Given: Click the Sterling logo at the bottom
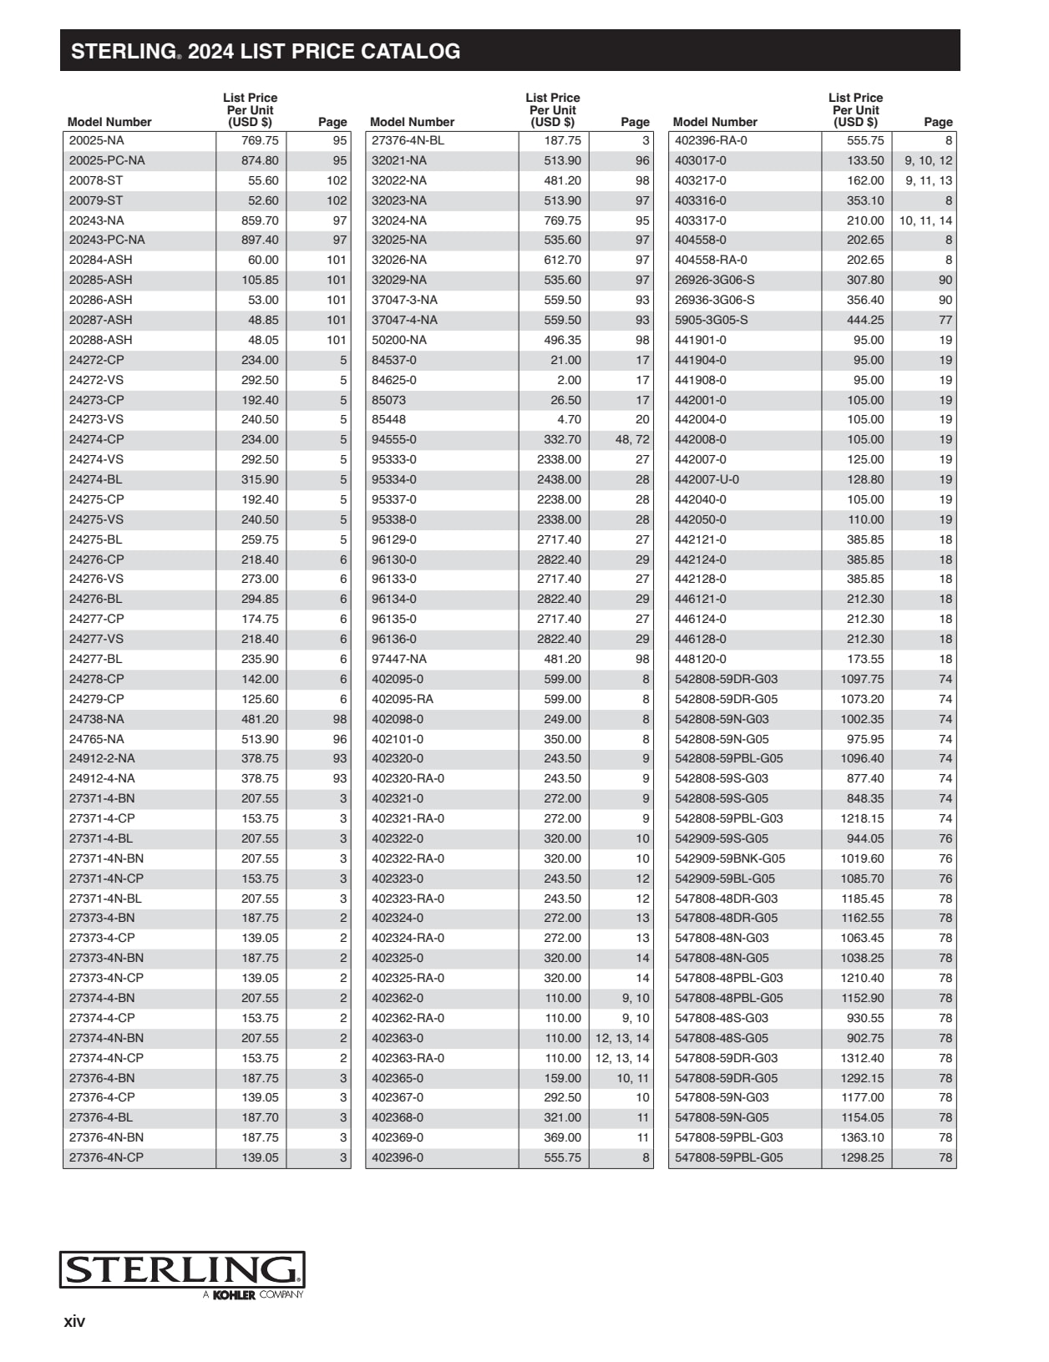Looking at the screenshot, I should click(182, 1269).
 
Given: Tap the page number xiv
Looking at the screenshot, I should click(74, 1321).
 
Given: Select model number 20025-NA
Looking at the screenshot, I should click(96, 140).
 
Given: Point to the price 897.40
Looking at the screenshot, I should click(260, 240).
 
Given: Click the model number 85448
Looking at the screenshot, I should click(388, 419).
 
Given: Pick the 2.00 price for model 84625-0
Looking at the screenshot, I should click(569, 380).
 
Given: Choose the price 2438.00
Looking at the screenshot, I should click(559, 479).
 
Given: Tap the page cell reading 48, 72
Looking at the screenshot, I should click(631, 439).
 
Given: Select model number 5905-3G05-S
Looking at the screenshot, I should click(711, 320).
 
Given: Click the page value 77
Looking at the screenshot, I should click(945, 320).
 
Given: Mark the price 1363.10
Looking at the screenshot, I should click(862, 1137).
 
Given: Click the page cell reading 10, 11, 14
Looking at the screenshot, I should click(925, 220).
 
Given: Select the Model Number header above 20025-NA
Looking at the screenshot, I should click(109, 122).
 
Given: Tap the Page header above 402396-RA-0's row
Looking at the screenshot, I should click(938, 122).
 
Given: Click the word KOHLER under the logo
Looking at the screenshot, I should click(234, 1295).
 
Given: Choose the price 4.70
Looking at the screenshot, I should click(569, 419).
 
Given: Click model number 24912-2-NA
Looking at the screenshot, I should click(101, 758).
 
